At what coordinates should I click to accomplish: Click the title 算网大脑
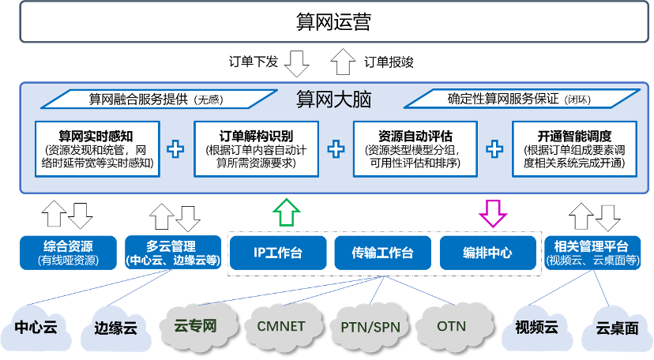(333, 100)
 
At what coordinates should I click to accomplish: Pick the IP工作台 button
(278, 253)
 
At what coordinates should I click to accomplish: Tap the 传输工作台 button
(382, 253)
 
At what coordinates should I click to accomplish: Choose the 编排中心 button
(487, 253)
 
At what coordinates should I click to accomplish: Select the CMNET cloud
(280, 324)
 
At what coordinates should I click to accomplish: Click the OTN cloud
(451, 325)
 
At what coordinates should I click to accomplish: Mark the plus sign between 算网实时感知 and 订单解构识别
(176, 148)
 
